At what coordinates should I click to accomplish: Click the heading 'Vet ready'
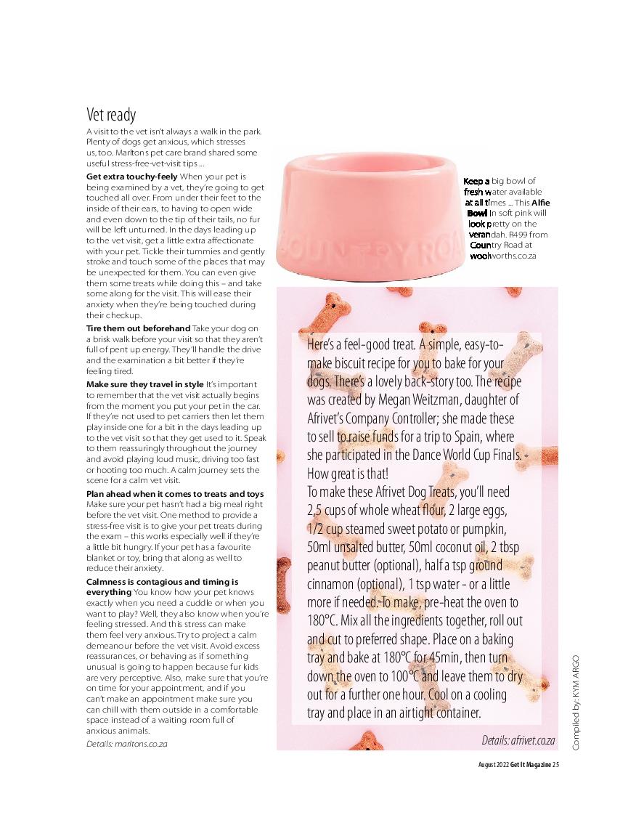click(x=111, y=115)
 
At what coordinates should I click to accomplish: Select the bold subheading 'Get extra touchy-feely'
click(x=131, y=177)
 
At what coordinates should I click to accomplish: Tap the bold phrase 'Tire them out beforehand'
click(x=138, y=329)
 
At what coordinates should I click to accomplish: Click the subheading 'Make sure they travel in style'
click(x=145, y=384)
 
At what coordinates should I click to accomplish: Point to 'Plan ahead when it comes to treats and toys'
click(x=175, y=494)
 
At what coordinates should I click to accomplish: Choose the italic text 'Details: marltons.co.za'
click(x=127, y=744)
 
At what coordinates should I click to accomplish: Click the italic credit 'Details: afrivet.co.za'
click(x=518, y=739)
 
